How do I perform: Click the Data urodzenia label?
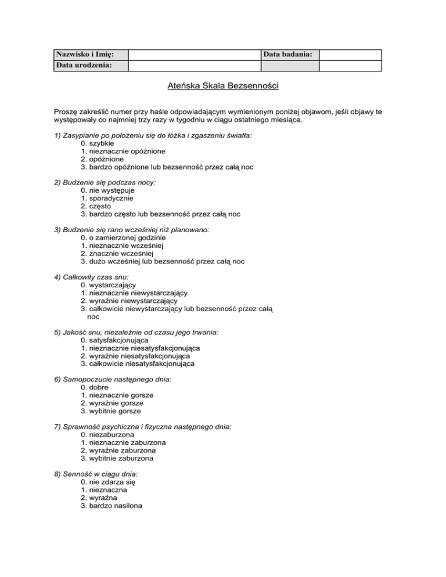84,65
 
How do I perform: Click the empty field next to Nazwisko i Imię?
194,54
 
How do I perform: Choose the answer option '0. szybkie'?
98,143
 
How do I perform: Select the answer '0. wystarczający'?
109,285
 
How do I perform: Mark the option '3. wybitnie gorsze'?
111,411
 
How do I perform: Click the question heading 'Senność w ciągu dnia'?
96,474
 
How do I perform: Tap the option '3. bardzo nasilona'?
111,506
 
